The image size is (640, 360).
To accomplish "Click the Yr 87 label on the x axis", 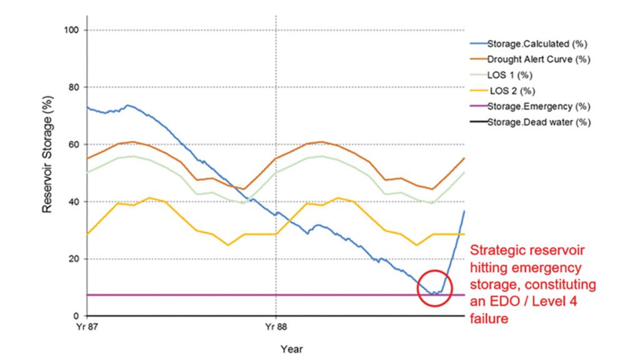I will (86, 326).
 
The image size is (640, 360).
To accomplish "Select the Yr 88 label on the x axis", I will (276, 326).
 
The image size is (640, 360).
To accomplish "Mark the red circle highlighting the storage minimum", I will (433, 288).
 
